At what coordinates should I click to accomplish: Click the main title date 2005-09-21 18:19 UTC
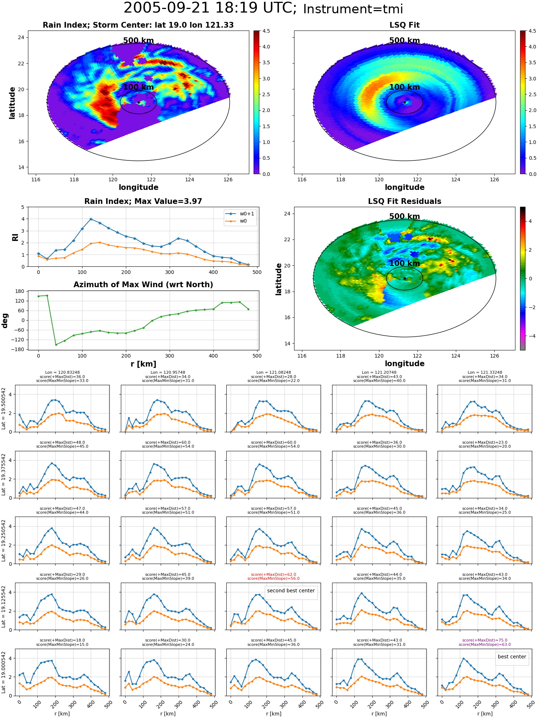(210, 8)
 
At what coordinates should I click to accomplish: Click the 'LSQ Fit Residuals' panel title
(405, 201)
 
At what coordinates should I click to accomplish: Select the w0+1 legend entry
(240, 214)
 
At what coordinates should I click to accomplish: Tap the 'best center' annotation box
(512, 657)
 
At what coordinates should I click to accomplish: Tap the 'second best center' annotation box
(291, 591)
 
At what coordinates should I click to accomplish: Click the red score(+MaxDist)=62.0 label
(274, 574)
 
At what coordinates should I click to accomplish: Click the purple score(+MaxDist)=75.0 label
(485, 640)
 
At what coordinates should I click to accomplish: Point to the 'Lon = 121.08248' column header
(274, 372)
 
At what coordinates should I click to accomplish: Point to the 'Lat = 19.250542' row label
(4, 540)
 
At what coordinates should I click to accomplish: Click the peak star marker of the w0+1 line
(91, 219)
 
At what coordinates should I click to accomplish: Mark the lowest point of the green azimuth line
(56, 345)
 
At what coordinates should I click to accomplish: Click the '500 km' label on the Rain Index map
(138, 41)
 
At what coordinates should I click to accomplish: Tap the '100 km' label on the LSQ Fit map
(405, 87)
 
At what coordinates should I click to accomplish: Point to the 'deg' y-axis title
(5, 320)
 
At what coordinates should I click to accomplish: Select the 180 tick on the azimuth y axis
(20, 291)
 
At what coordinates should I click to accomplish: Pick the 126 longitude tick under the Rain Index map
(228, 179)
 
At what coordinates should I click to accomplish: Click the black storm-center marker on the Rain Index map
(138, 102)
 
